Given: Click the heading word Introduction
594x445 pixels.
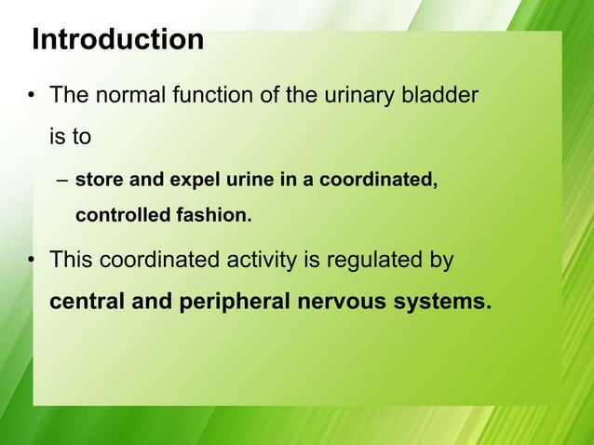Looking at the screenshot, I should click(x=117, y=40).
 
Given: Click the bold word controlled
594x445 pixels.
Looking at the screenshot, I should click(x=119, y=217).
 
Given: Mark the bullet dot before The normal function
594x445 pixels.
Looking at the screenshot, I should click(x=31, y=96).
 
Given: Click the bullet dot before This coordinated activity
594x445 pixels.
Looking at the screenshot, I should click(x=31, y=261).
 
